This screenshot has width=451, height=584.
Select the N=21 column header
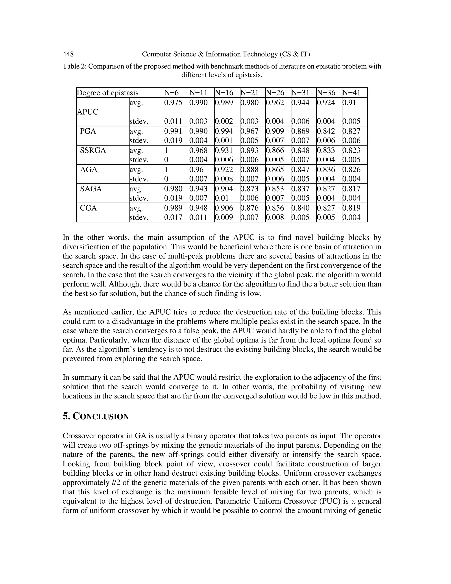pos(249,93)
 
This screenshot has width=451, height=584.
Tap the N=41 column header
pos(351,93)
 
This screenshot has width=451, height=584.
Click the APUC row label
pos(88,112)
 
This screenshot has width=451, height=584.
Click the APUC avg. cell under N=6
pos(173,103)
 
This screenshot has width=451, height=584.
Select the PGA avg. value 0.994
pos(224,131)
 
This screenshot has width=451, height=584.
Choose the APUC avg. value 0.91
pos(349,103)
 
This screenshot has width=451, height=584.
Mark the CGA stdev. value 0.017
pos(173,217)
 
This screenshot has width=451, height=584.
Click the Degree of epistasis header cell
pos(107,93)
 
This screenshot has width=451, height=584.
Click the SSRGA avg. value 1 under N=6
pos(166,151)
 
